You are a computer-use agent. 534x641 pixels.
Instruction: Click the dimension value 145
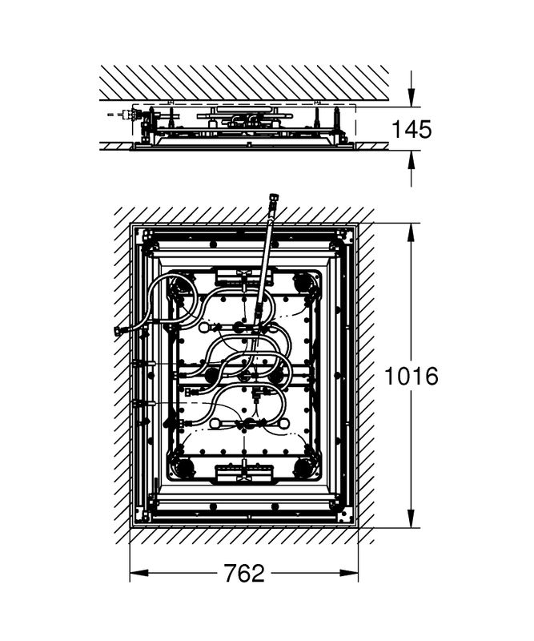tap(412, 129)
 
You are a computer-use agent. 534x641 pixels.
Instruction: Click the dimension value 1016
tap(412, 376)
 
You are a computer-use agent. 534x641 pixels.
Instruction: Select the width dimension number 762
tap(244, 573)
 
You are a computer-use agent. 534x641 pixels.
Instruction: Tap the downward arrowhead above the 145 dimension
tap(412, 99)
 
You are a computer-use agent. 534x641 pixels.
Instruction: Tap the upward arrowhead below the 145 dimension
tap(412, 159)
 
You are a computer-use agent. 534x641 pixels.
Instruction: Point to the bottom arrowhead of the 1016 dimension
tap(412, 518)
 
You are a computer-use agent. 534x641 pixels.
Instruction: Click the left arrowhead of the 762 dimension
tap(139, 573)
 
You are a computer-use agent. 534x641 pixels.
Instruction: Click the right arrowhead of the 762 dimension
tap(350, 573)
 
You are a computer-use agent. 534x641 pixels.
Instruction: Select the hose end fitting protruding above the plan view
tap(271, 204)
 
